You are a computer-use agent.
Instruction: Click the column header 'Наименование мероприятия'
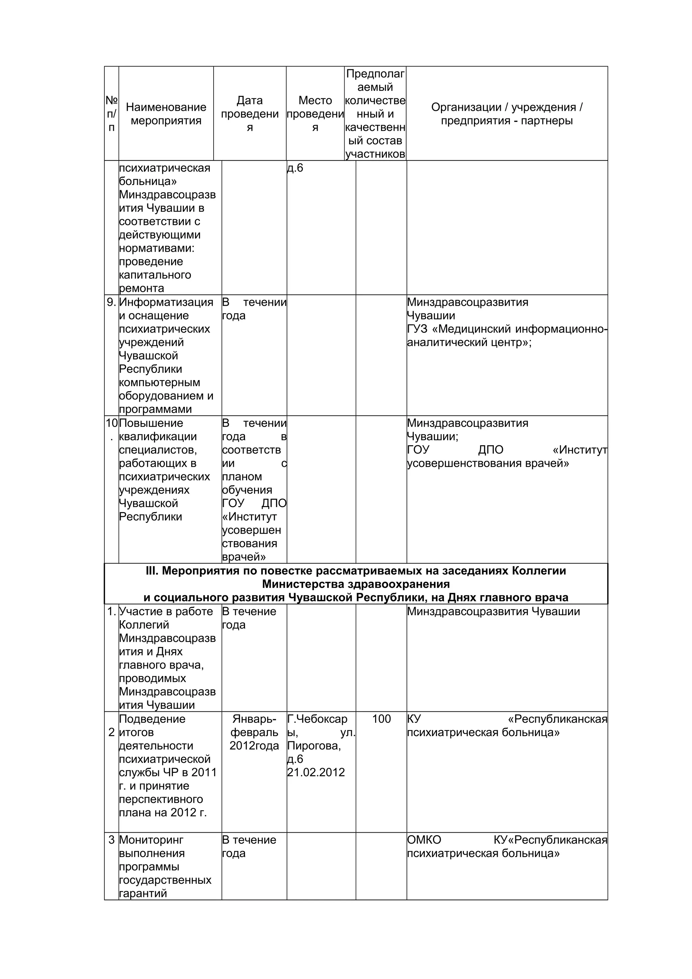click(166, 114)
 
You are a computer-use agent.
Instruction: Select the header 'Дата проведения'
click(249, 114)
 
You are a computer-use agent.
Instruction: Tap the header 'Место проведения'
click(315, 114)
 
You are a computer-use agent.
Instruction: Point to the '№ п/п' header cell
click(111, 114)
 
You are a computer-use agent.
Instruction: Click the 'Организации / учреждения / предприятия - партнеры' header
click(506, 114)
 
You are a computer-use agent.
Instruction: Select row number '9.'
click(111, 302)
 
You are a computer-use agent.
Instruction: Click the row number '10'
click(111, 423)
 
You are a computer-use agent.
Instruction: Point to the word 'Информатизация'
click(166, 302)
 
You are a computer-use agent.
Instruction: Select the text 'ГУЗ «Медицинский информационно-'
click(507, 329)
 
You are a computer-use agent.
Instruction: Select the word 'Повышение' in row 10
click(151, 423)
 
